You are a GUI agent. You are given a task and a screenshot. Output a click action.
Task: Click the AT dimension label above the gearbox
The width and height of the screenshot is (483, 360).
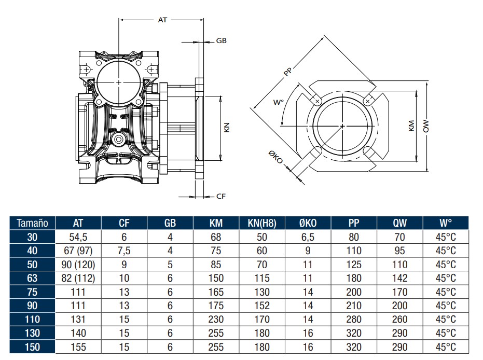162,20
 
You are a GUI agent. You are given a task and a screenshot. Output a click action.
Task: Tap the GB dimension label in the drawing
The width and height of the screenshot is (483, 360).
221,40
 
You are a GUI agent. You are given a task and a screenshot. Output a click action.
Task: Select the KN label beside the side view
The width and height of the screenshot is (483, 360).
227,128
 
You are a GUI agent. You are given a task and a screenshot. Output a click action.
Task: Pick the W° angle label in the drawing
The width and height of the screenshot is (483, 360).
279,102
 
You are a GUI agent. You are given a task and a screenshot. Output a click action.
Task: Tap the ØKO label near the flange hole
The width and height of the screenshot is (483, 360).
275,158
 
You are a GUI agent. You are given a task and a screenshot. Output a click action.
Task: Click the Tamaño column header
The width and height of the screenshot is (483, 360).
32,224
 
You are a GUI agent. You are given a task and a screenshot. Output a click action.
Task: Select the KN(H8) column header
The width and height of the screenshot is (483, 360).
262,224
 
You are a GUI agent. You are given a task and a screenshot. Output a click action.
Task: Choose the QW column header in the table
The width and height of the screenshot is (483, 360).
399,224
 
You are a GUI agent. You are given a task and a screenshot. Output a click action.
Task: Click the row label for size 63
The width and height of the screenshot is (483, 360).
32,278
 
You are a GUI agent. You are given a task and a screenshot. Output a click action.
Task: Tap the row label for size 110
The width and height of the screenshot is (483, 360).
32,319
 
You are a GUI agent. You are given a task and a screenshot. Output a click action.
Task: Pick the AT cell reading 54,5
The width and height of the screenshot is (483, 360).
78,238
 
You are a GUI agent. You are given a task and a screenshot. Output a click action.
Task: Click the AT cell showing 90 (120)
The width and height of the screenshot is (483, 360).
78,265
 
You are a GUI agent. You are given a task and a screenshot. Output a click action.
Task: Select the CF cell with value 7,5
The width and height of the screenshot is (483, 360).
125,251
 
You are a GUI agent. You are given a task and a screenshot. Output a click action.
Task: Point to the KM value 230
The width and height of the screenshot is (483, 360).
216,319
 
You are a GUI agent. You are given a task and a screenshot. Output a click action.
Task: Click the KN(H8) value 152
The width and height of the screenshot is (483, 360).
262,306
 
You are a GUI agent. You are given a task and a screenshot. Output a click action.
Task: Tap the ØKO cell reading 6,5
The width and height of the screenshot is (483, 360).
308,238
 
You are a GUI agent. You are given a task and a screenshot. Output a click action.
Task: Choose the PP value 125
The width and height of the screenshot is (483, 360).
354,265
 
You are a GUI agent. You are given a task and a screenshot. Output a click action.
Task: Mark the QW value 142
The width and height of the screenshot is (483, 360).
399,278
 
